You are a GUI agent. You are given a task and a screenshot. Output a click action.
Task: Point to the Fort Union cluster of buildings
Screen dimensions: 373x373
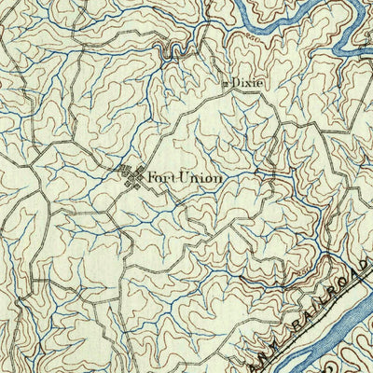coord(130,174)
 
